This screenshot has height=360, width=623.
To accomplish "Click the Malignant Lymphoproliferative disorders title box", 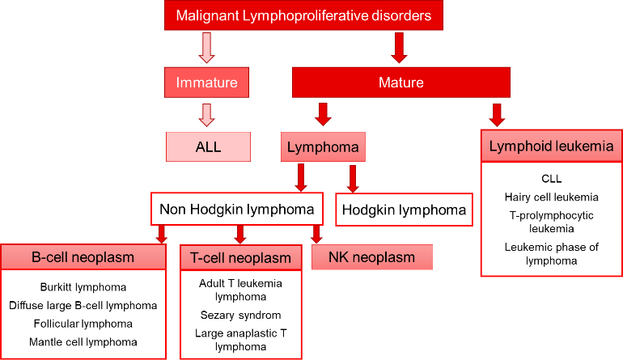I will pyautogui.click(x=303, y=15).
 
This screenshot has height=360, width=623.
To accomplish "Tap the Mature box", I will pyautogui.click(x=400, y=83).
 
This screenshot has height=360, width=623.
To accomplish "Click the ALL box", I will pyautogui.click(x=207, y=147).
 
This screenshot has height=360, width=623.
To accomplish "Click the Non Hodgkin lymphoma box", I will pyautogui.click(x=237, y=210).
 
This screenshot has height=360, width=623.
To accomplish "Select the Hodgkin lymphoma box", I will pyautogui.click(x=404, y=210).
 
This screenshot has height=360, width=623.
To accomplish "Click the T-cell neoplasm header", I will pyautogui.click(x=240, y=258).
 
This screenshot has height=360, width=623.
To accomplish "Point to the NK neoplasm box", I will pyautogui.click(x=371, y=257).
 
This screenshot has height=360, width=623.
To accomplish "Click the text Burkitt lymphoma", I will pyautogui.click(x=83, y=287).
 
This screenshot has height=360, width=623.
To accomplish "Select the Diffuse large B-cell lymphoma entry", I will pyautogui.click(x=83, y=305).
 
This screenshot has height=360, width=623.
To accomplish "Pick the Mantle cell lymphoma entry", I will pyautogui.click(x=83, y=341).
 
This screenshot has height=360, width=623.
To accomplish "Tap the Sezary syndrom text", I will pyautogui.click(x=240, y=315).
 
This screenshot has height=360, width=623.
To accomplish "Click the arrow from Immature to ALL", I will pyautogui.click(x=207, y=115).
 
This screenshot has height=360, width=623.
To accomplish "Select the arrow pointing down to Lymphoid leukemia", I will pyautogui.click(x=498, y=114).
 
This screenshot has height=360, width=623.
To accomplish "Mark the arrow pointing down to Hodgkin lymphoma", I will pyautogui.click(x=352, y=178).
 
